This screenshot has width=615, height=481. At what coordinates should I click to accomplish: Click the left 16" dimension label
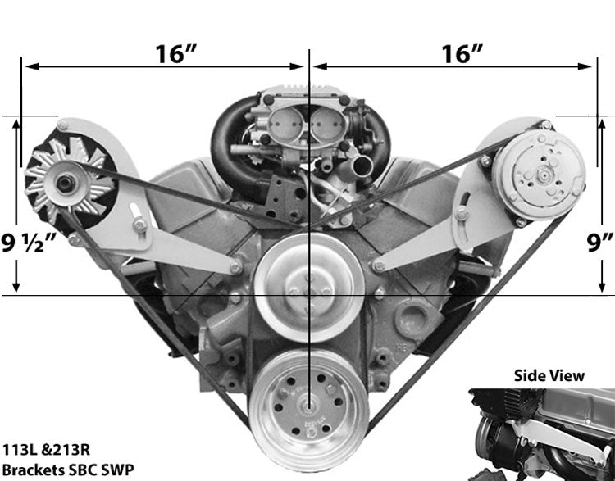tap(174, 54)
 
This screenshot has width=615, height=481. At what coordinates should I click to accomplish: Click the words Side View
tap(549, 375)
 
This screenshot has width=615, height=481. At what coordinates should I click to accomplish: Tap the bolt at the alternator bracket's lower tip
tap(236, 265)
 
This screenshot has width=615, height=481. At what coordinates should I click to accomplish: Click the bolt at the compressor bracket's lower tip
tap(378, 265)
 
